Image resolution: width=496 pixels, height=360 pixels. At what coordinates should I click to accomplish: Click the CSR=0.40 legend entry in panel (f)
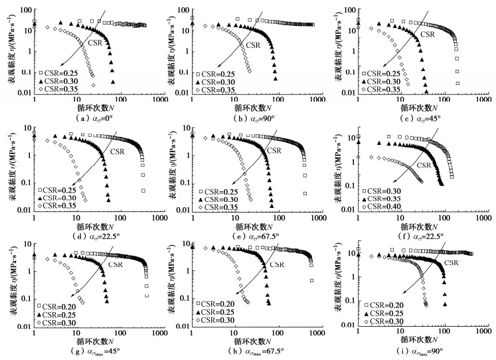pos(386,207)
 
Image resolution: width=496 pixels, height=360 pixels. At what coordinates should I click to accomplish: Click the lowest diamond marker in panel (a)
pos(93,86)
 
